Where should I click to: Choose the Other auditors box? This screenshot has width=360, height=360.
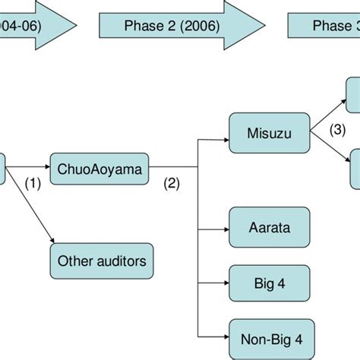tap(102, 261)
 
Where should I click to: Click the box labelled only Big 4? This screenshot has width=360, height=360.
tap(269, 283)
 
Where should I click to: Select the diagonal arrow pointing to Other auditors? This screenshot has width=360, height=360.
tap(30, 205)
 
